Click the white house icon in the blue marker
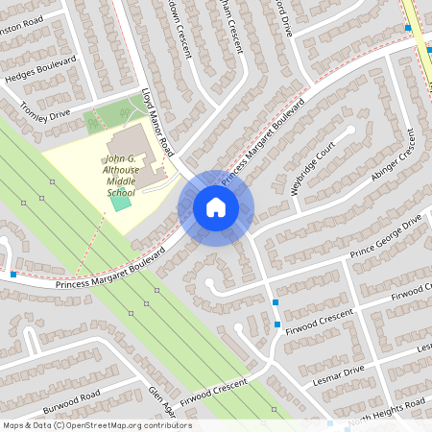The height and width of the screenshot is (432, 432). point(216,207)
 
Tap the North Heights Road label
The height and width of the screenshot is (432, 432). point(383,415)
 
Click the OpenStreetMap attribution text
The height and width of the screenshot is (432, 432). point(96,425)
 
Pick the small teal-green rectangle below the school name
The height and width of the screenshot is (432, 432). point(121,201)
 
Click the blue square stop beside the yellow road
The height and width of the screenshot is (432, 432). point(408,28)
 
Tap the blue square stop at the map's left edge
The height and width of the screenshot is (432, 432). point(13,276)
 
